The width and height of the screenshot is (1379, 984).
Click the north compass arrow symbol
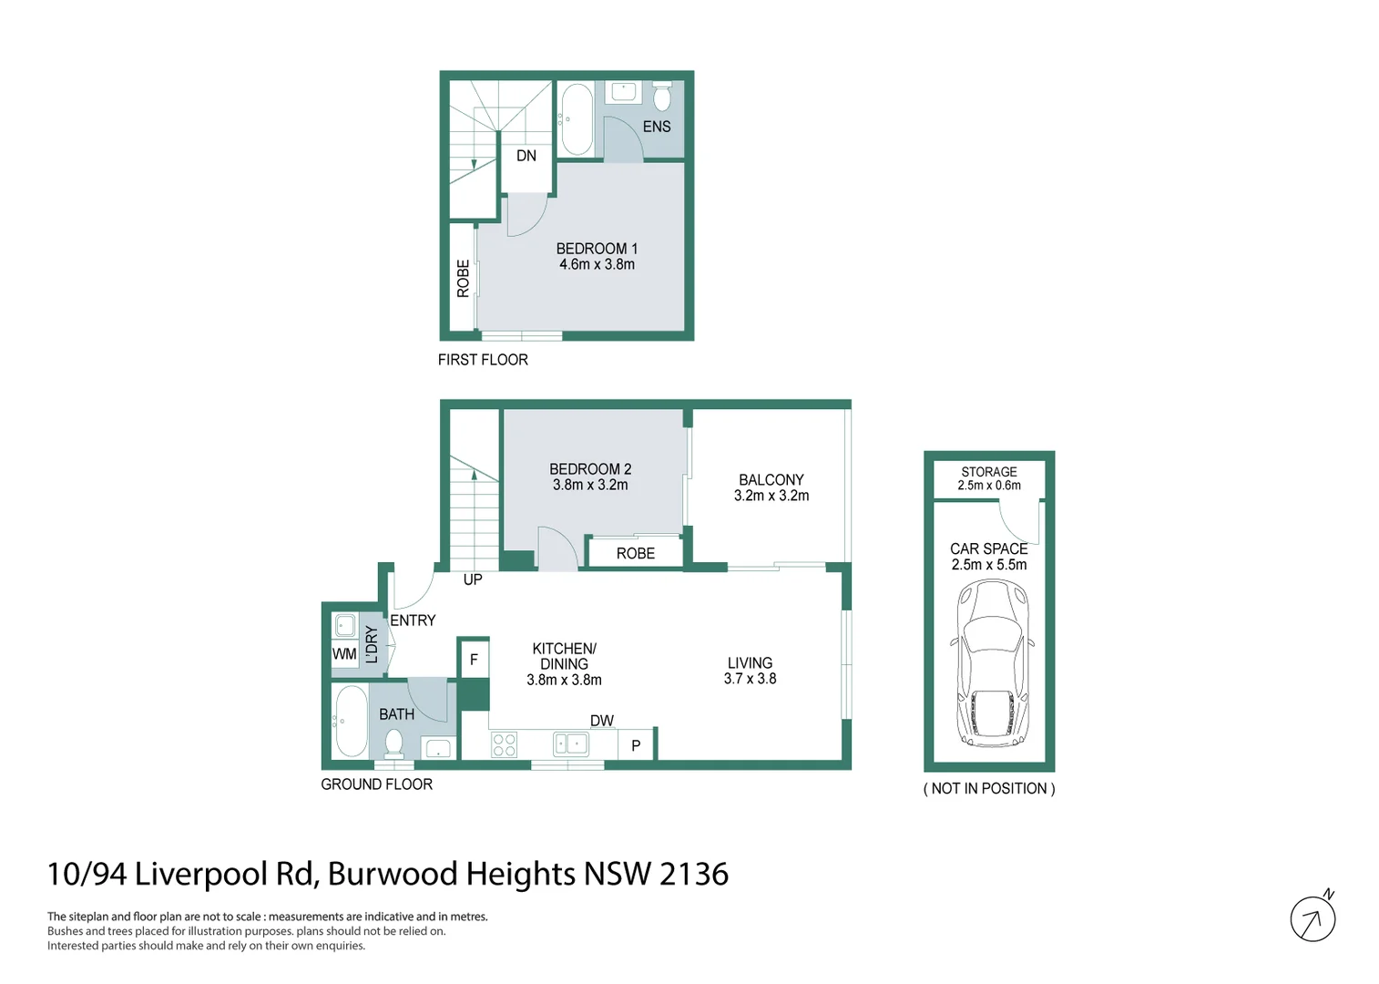pos(1313,919)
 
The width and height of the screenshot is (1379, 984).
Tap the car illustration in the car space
pos(991,663)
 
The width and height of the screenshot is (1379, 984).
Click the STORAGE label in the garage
pos(988,472)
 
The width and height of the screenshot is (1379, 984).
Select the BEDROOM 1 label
pos(597,249)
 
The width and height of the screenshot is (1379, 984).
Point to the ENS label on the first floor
pos(656,127)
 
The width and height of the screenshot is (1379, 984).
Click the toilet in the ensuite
pos(662,96)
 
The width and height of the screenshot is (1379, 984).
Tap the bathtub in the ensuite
pos(576,119)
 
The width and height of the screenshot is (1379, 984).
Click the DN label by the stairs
pos(526,156)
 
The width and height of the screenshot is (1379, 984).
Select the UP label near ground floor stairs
pos(473,579)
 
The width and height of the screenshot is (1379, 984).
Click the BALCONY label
pos(771,480)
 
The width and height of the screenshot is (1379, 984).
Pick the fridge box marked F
pos(474,660)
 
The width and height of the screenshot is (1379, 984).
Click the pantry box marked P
pos(636,745)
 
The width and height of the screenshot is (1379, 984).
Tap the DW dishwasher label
pos(601,721)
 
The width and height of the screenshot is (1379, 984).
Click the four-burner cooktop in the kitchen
pos(504,744)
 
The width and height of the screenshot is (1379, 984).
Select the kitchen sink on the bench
pos(571,744)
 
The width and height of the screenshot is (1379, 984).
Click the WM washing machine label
pos(344,654)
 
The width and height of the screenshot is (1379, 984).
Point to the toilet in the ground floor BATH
pos(394,745)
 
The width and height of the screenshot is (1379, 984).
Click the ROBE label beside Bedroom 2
pos(635,554)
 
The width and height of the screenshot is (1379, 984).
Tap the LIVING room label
pos(750,663)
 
